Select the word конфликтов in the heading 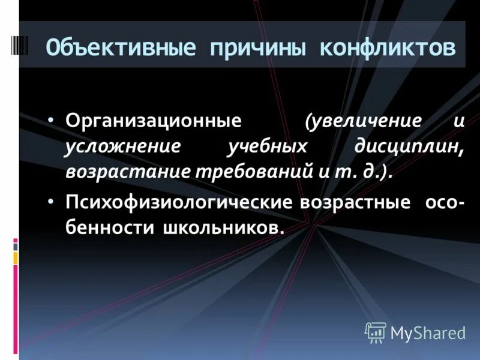(387, 47)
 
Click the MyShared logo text (428, 332)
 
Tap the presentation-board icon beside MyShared (375, 332)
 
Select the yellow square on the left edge (16, 257)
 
